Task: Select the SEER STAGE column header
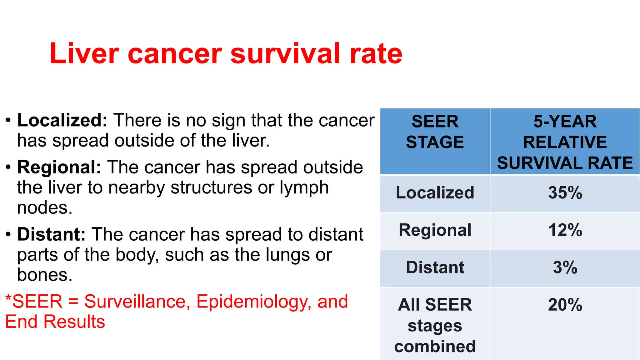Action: point(435,132)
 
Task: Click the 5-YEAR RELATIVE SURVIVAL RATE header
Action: point(565,142)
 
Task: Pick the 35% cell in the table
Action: point(565,193)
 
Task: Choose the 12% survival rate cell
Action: point(565,230)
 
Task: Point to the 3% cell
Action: point(565,267)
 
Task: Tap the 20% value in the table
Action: point(565,305)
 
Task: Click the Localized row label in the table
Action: point(435,193)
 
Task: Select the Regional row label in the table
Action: point(435,230)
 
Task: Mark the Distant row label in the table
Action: point(435,267)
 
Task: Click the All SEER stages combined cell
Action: point(435,325)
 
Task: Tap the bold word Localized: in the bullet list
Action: point(62,120)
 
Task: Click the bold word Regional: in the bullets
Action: point(59,167)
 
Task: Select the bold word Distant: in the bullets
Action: point(51,234)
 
